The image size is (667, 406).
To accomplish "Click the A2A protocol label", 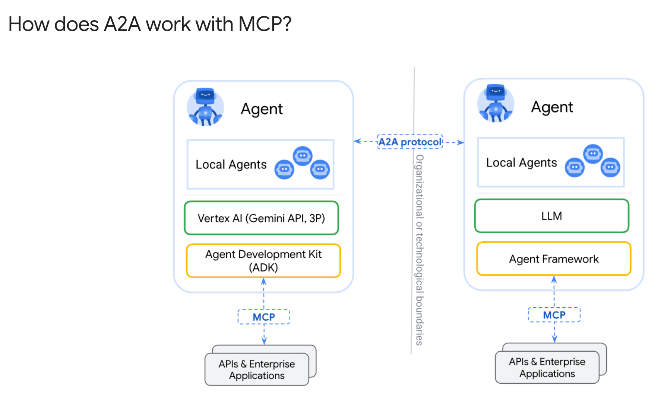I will point(410,142).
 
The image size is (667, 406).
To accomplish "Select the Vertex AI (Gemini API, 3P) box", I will point(261,218).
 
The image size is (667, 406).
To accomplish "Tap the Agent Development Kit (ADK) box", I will point(263,261).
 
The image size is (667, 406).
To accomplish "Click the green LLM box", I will point(551,216).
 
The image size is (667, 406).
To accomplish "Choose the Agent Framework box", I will point(554,259).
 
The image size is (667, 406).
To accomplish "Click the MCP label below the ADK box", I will point(264,317).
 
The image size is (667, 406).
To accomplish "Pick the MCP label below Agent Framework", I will point(554,315).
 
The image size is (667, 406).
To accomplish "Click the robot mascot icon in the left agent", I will point(205,107).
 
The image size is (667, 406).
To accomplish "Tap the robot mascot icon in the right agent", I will point(496,104).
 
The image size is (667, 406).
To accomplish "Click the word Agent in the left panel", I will point(262,109).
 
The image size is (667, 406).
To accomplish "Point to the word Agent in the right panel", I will point(552,107).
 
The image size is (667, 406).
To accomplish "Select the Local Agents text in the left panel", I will point(231,165).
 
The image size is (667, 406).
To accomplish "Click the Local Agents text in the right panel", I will point(521,163).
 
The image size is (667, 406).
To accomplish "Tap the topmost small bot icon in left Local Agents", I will point(303,156).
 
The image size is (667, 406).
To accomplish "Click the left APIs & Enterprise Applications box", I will point(257,369).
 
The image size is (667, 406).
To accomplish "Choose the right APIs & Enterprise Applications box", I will point(547,368).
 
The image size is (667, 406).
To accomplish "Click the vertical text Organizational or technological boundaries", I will point(420,250).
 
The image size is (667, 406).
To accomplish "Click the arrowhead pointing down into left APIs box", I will point(264,340).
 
